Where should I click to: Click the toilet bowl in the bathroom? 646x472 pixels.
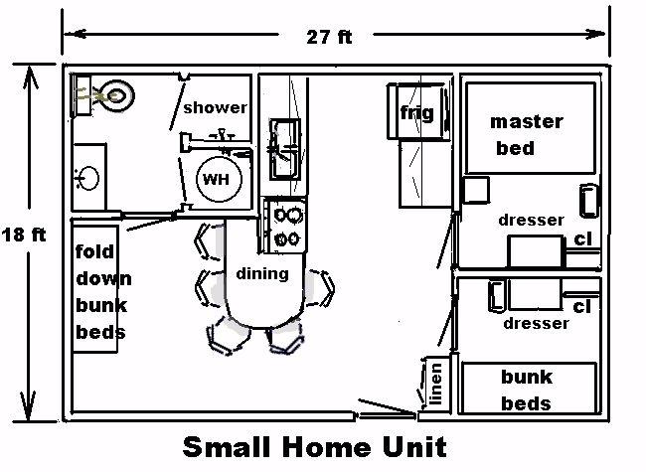click(117, 95)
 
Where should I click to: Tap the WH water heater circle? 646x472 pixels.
click(219, 179)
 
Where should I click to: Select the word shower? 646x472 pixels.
click(215, 107)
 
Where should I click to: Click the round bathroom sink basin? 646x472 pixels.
click(87, 178)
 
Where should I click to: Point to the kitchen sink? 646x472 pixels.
click(284, 149)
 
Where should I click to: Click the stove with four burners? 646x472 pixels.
click(286, 226)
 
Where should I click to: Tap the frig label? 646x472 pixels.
click(417, 113)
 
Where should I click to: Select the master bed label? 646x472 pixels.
click(526, 135)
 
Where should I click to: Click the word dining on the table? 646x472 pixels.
click(262, 274)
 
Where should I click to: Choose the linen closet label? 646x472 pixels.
click(435, 384)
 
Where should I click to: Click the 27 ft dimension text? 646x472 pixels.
click(329, 37)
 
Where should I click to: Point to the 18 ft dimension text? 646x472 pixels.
click(24, 235)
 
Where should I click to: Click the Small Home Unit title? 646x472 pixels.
click(315, 446)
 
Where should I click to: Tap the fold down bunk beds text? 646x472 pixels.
click(103, 291)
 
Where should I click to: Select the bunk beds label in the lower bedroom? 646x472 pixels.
click(527, 390)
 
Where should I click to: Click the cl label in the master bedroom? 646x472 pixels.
click(582, 238)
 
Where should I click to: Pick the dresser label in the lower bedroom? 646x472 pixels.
click(536, 323)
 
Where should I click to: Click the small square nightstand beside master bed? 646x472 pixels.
click(476, 190)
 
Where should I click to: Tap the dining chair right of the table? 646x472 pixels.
click(322, 288)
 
